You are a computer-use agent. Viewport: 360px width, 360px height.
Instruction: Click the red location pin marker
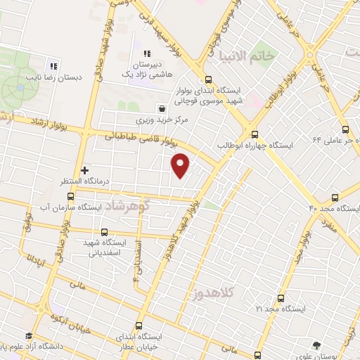point(181,165)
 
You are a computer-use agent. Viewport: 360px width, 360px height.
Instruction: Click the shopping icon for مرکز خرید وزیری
point(163,109)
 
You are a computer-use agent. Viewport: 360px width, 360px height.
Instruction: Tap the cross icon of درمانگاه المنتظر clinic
point(85,170)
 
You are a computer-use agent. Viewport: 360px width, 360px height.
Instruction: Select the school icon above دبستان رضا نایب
point(53,60)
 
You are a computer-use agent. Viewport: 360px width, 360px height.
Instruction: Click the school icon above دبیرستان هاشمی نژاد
point(147,53)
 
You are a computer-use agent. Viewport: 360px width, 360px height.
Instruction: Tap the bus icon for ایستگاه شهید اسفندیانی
point(105,232)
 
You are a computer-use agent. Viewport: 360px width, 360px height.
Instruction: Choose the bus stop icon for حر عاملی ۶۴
point(345,129)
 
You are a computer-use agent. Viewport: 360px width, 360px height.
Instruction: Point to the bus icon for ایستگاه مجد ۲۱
point(281,298)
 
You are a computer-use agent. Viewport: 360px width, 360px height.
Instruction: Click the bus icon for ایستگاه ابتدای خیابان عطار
point(138,326)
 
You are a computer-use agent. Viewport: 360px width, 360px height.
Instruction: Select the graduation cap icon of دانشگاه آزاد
point(29,336)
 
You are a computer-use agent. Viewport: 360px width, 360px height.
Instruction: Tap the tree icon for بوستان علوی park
point(317,345)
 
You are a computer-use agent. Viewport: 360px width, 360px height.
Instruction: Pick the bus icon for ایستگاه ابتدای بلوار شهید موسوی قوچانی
point(208,79)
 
